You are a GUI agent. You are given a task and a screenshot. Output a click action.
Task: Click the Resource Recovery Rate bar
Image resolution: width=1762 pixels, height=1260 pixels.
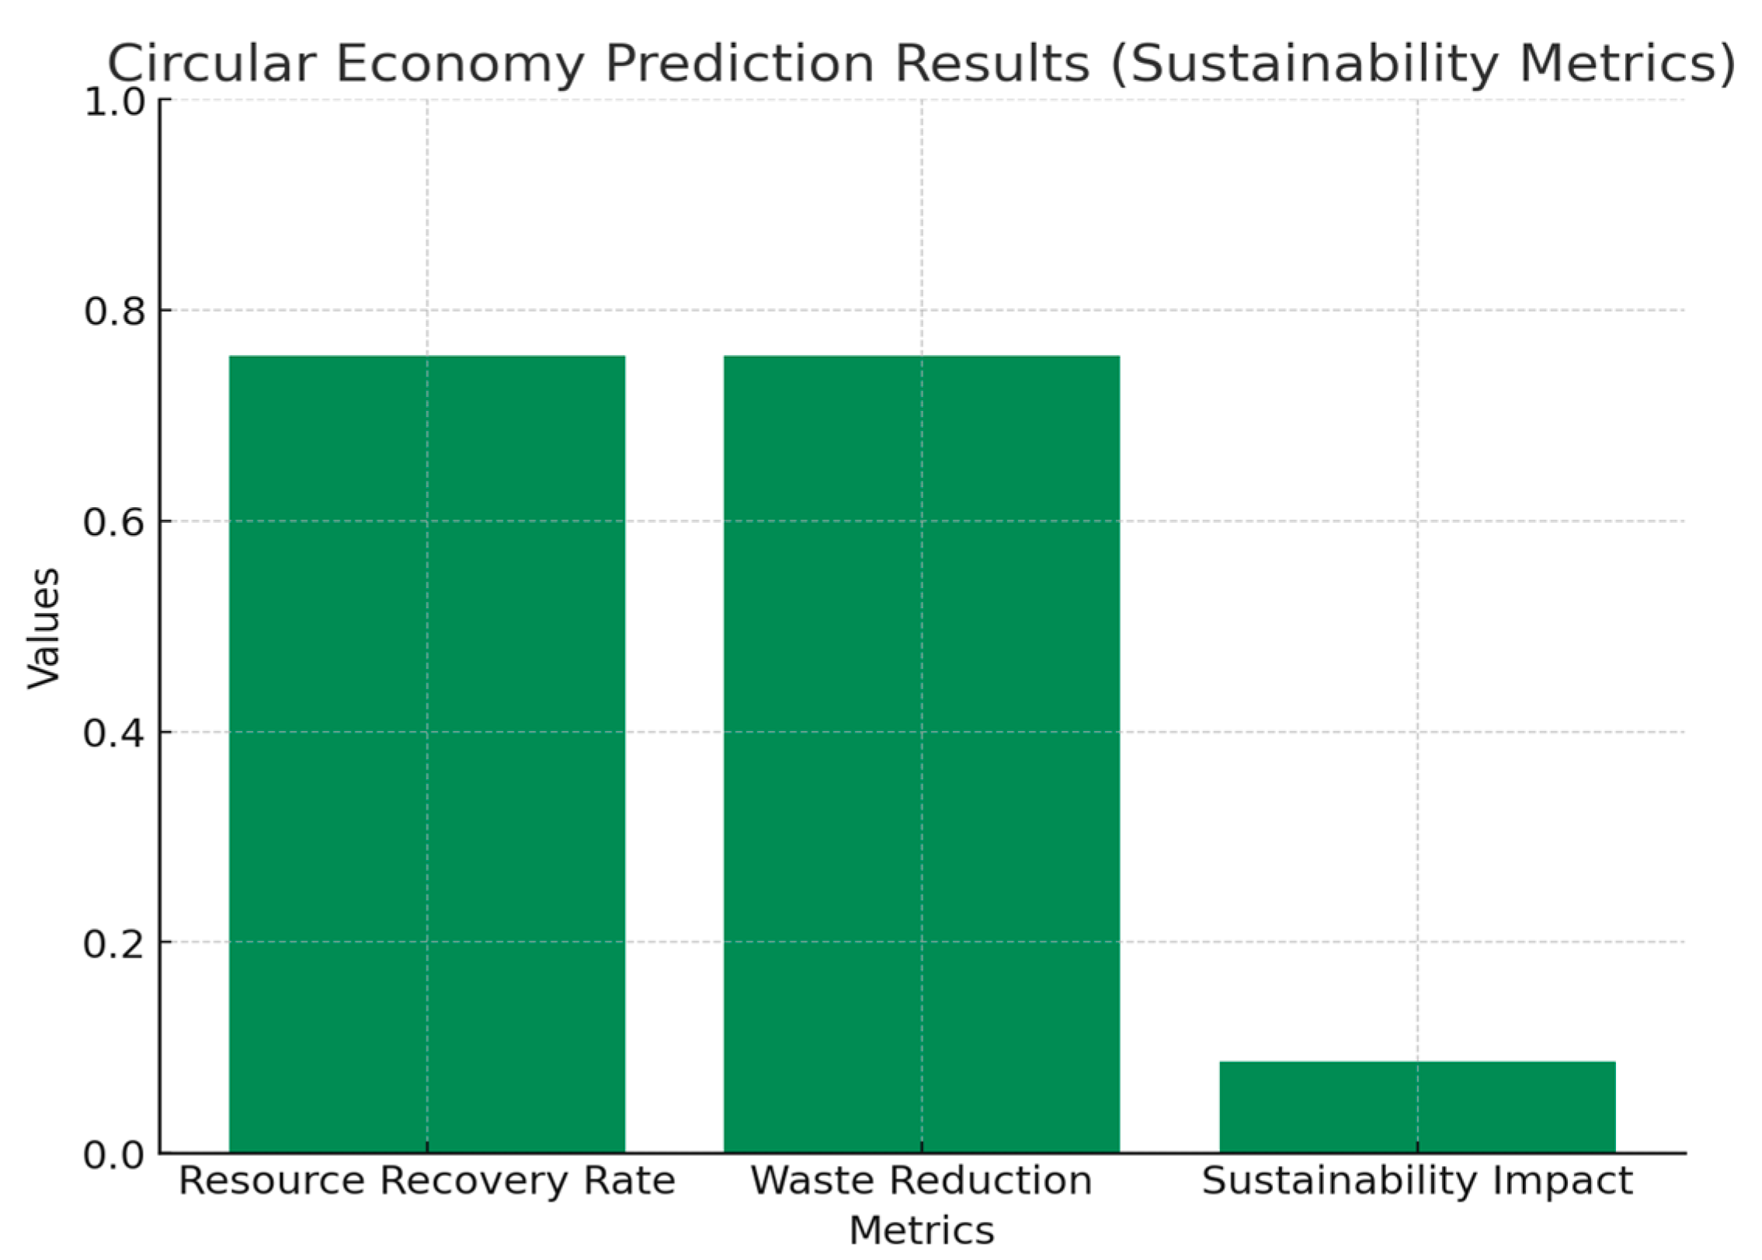426,754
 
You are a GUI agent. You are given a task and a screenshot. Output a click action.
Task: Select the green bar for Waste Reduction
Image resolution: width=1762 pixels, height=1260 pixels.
921,754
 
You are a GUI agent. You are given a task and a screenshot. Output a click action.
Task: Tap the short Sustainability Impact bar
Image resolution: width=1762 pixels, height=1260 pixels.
1416,1106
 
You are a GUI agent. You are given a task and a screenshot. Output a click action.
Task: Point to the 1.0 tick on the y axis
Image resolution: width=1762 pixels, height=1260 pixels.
114,102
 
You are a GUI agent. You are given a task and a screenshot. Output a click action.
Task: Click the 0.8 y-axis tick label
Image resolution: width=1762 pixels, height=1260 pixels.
114,312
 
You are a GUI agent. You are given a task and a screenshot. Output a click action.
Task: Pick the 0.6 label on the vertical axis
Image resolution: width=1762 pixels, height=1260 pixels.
114,522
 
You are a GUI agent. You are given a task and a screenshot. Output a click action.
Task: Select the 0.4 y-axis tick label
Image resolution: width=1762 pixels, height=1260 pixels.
114,733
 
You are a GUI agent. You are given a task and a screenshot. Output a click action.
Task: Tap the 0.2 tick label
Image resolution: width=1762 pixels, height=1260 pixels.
114,944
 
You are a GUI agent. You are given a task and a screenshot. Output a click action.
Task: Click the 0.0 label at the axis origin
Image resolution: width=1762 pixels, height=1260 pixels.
114,1155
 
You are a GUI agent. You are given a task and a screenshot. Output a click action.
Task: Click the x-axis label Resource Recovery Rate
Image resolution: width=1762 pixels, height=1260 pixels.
426,1182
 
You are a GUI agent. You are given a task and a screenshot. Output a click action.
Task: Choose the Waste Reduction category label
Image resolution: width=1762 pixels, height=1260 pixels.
921,1182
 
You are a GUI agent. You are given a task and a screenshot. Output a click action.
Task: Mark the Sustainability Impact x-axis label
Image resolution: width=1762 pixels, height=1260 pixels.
1416,1182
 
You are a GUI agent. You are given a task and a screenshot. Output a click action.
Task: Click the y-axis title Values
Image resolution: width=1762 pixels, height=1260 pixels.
43,628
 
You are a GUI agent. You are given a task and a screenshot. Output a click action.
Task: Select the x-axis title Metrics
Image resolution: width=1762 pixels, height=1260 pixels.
921,1231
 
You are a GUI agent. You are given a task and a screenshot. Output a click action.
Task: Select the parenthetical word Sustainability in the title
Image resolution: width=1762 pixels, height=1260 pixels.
1305,64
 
